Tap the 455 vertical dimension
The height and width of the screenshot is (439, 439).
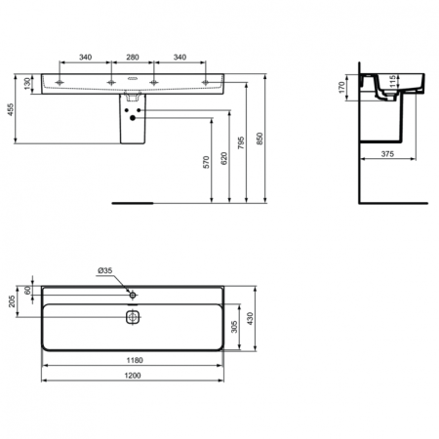click(12, 110)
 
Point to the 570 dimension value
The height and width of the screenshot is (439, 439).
click(207, 162)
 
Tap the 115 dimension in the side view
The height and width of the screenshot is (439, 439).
click(393, 87)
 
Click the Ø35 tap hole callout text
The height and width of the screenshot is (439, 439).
click(103, 270)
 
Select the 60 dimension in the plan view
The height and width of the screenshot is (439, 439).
click(28, 289)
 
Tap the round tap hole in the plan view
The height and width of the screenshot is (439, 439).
click(134, 293)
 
